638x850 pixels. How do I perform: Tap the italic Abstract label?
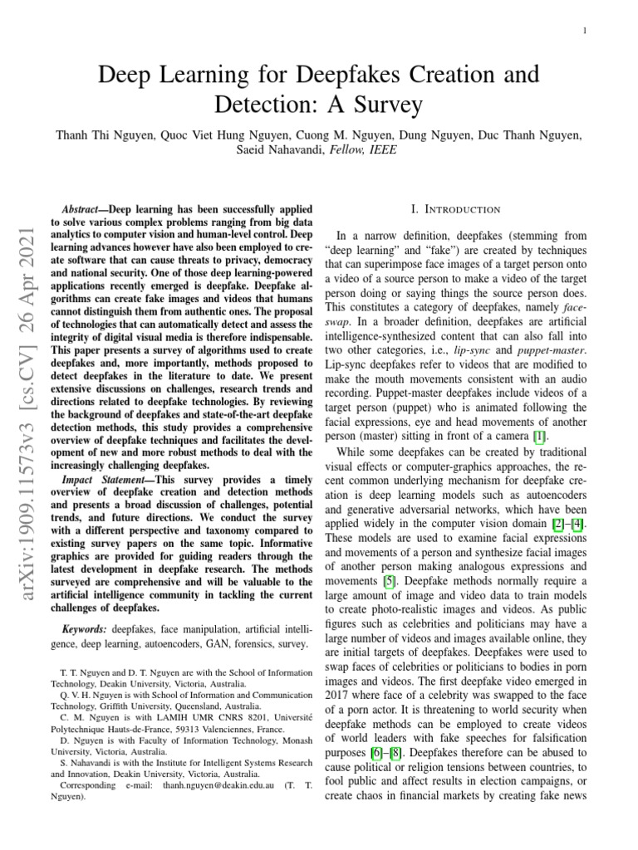83,211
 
